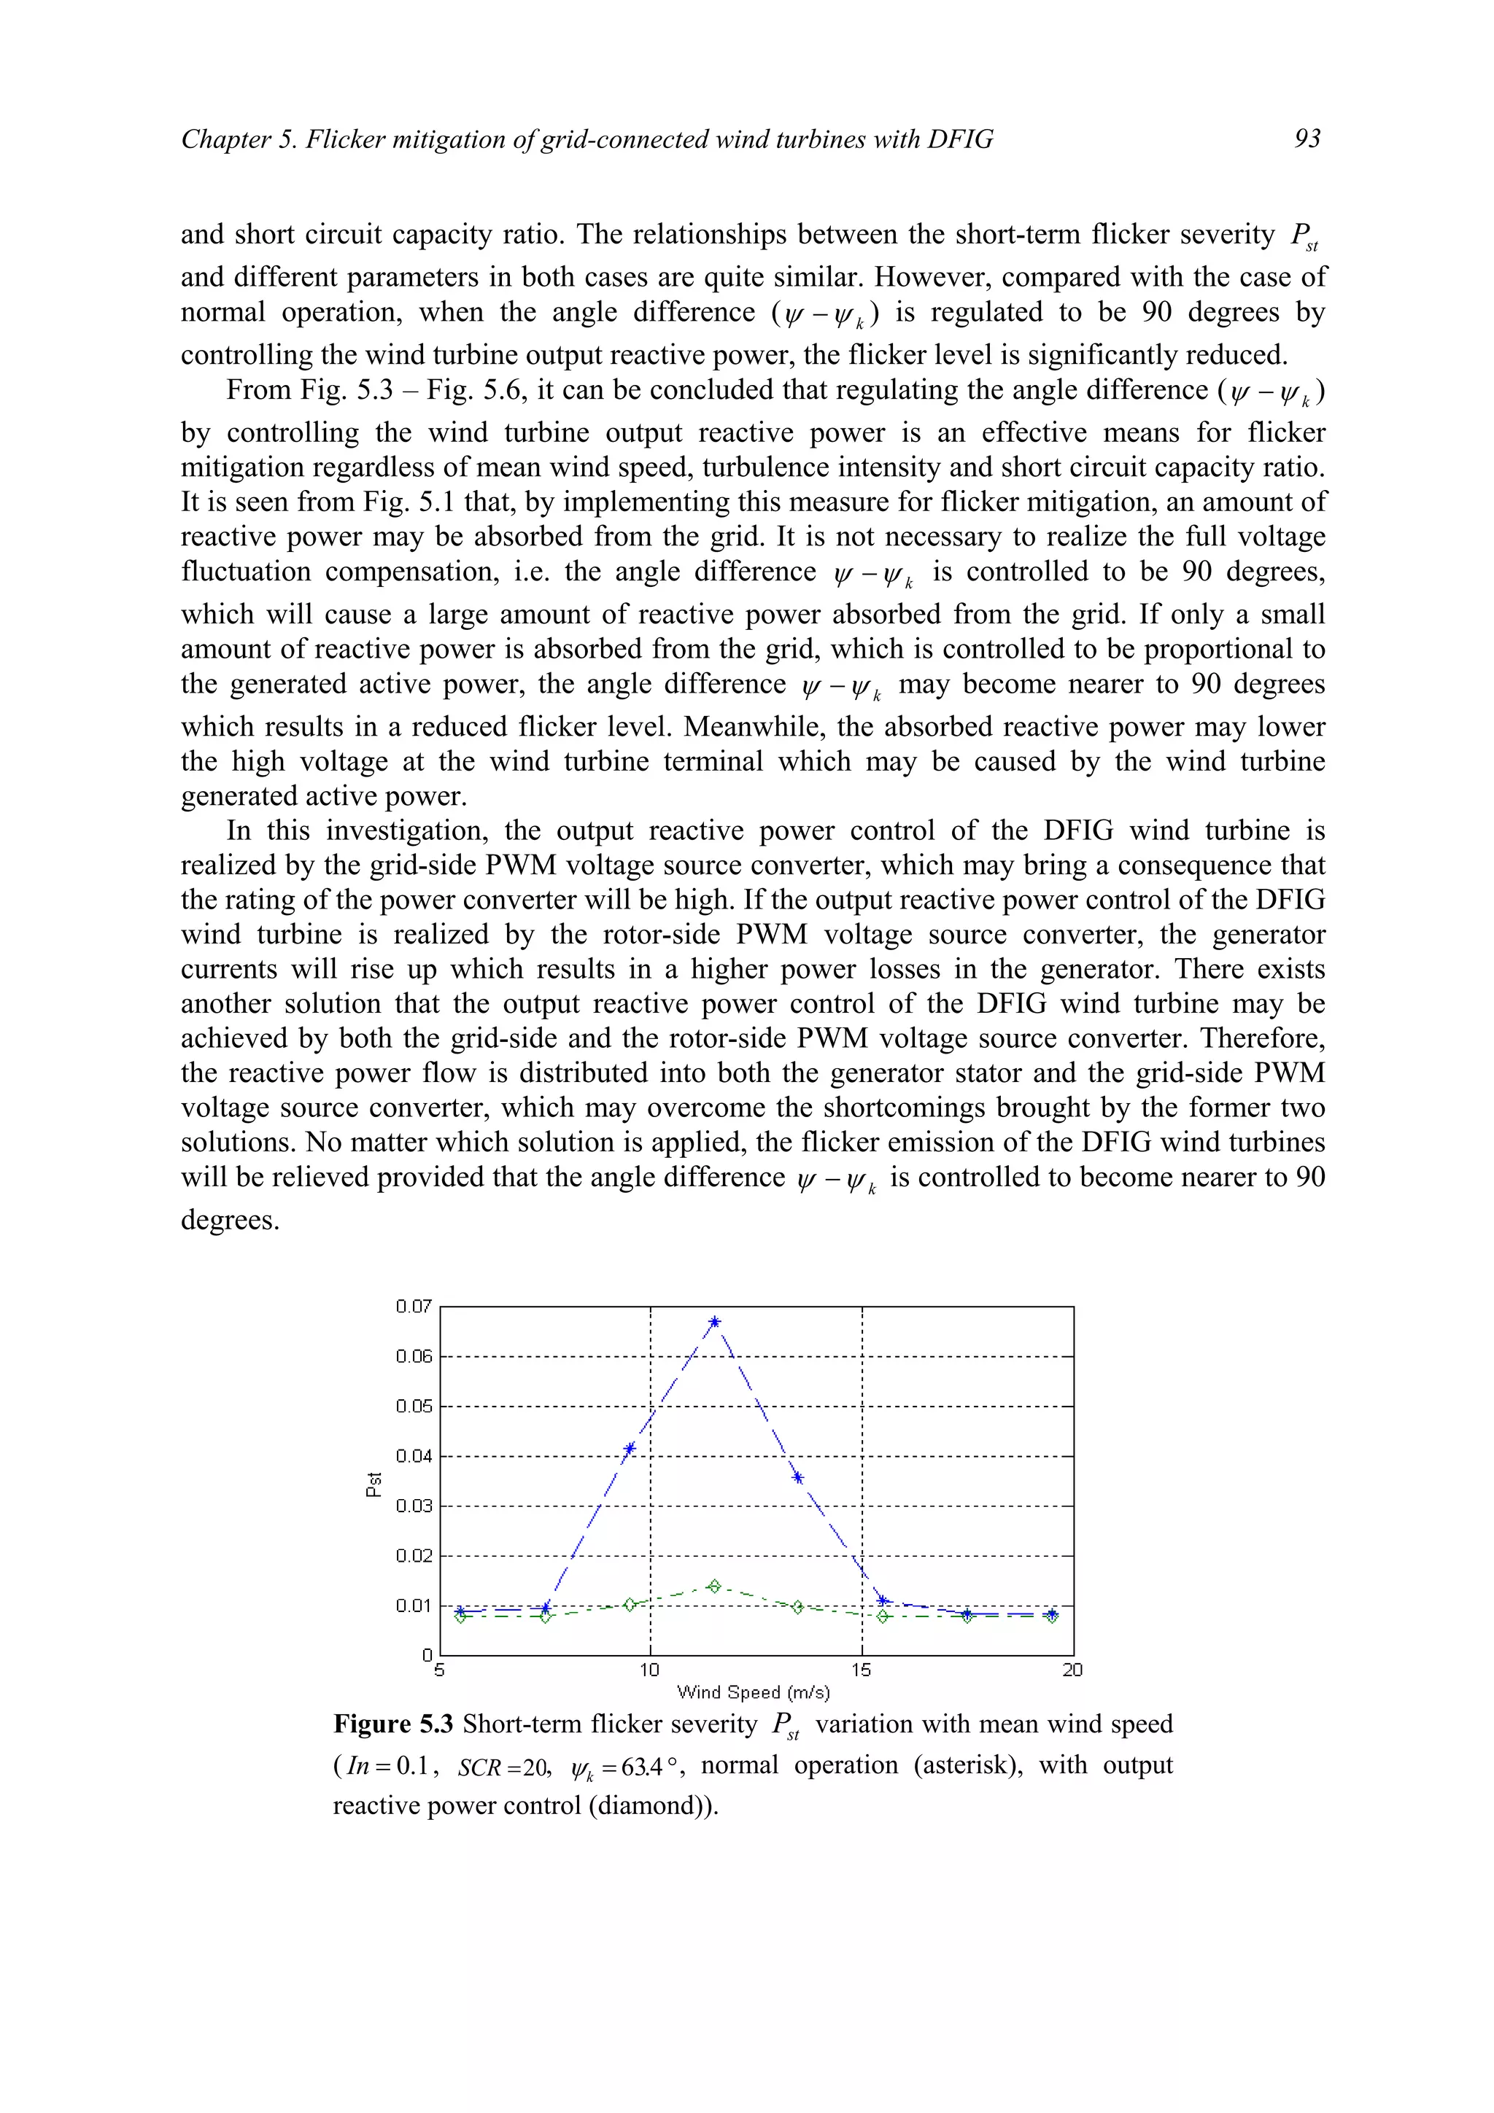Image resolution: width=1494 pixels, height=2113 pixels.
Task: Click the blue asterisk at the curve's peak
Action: tap(714, 1323)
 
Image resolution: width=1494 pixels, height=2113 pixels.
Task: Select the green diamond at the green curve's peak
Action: tap(714, 1586)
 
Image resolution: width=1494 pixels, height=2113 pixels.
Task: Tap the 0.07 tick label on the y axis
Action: tap(414, 1307)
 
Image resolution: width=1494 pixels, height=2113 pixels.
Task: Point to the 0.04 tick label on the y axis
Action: tap(414, 1456)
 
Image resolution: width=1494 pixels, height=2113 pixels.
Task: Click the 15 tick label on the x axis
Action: tap(861, 1670)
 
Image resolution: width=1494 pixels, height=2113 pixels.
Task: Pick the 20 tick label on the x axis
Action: tap(1072, 1670)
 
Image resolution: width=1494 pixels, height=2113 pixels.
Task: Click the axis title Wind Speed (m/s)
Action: tap(753, 1692)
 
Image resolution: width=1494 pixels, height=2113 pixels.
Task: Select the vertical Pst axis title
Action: tap(373, 1484)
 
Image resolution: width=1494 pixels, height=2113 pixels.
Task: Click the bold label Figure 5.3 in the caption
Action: tap(393, 1724)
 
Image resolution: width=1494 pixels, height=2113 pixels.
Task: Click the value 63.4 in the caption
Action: tap(642, 1767)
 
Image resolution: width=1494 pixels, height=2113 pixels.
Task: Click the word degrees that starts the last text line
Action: tap(229, 1221)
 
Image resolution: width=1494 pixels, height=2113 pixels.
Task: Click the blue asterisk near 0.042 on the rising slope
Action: tap(630, 1449)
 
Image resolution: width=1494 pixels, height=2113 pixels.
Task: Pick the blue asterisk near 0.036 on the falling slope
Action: tap(798, 1478)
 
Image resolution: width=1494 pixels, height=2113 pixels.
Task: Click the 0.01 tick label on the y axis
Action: tap(414, 1606)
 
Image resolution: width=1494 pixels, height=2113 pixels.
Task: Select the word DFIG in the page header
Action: tap(960, 139)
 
